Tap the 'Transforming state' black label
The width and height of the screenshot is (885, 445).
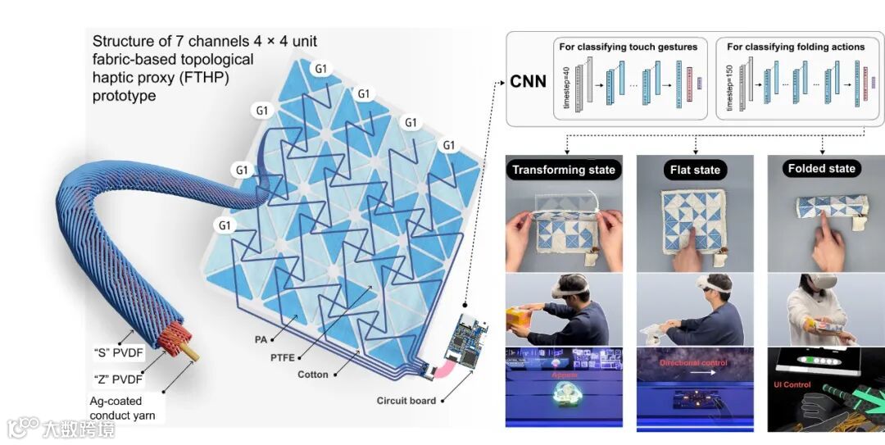pos(563,170)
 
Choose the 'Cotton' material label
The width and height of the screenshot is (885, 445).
pos(313,375)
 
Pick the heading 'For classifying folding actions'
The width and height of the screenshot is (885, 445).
pos(796,47)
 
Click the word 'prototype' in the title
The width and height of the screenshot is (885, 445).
pos(124,96)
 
